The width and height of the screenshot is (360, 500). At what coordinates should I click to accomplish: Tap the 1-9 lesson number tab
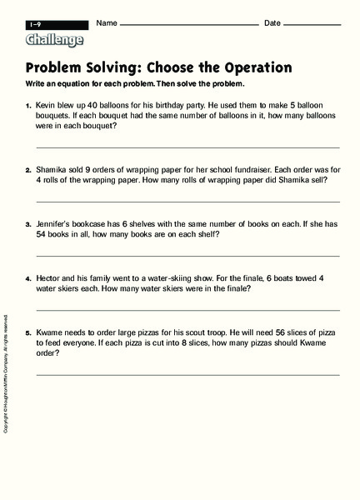click(x=37, y=24)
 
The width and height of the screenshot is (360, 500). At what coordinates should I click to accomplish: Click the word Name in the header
click(x=107, y=22)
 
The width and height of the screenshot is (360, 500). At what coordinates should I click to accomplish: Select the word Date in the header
click(x=272, y=22)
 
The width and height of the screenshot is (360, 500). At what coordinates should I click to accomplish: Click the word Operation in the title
click(x=250, y=67)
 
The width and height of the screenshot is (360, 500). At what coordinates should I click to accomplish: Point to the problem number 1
click(x=27, y=107)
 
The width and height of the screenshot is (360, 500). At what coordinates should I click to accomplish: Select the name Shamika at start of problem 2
click(x=53, y=168)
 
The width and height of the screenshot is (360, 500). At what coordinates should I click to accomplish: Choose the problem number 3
click(x=27, y=225)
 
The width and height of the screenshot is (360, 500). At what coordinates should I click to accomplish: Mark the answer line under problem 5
click(x=187, y=374)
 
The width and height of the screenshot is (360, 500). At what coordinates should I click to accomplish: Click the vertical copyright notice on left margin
click(x=6, y=374)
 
